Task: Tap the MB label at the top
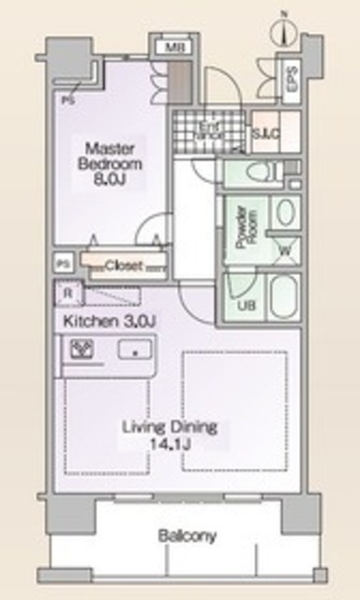pos(173,47)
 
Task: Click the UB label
pos(244,306)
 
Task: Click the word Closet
pos(123,265)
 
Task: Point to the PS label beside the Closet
pos(63,264)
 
